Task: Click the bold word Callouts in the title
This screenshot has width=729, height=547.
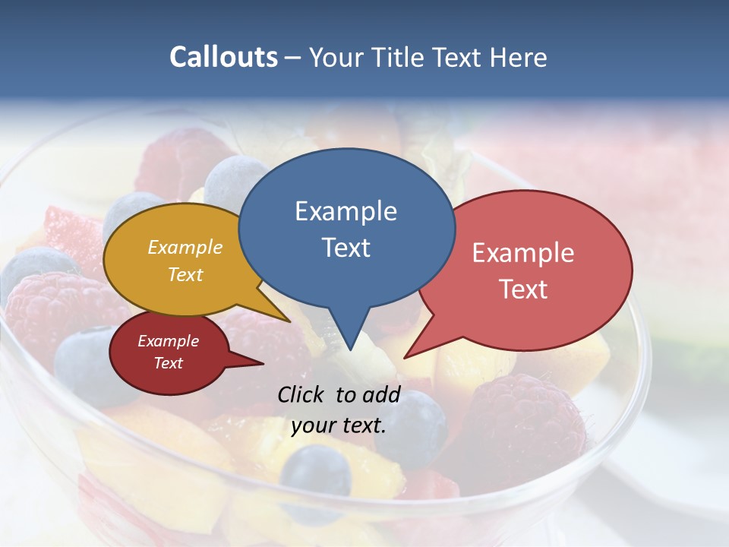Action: pyautogui.click(x=223, y=57)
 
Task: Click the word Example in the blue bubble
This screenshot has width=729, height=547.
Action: pyautogui.click(x=346, y=211)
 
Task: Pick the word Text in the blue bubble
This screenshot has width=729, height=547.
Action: pyautogui.click(x=346, y=248)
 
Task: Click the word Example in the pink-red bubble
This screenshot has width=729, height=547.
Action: pyautogui.click(x=523, y=253)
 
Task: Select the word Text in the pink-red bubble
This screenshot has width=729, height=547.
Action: pyautogui.click(x=523, y=289)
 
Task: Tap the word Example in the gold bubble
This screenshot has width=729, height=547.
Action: pyautogui.click(x=185, y=247)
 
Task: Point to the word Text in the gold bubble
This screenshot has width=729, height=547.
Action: pyautogui.click(x=185, y=274)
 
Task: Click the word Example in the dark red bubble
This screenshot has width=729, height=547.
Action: pyautogui.click(x=168, y=341)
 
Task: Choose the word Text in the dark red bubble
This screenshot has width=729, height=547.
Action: pyautogui.click(x=168, y=363)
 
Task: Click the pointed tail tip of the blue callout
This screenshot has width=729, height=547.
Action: pyautogui.click(x=350, y=350)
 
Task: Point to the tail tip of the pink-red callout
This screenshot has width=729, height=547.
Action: pyautogui.click(x=405, y=357)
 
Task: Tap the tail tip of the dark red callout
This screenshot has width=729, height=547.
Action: pyautogui.click(x=263, y=364)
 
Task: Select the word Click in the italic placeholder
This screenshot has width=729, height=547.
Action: pyautogui.click(x=302, y=394)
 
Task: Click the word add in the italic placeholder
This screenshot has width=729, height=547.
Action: pyautogui.click(x=381, y=394)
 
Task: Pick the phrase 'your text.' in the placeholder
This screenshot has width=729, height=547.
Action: pyautogui.click(x=339, y=425)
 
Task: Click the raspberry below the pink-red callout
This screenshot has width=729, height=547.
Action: pyautogui.click(x=524, y=425)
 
